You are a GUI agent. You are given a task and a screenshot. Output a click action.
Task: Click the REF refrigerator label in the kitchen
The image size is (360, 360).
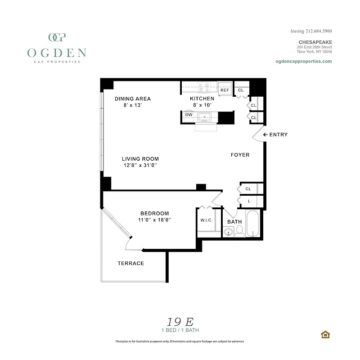[x=225, y=90]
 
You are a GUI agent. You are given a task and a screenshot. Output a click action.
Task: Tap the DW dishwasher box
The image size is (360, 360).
[x=189, y=115]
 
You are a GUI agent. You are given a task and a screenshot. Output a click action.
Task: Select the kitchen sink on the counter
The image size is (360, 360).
[x=206, y=117]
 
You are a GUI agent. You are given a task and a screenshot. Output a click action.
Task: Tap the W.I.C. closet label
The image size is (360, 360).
[x=207, y=220]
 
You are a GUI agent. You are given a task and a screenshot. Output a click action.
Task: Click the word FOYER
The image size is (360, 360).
[x=240, y=155]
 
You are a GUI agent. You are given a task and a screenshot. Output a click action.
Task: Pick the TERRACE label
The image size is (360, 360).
[x=131, y=263]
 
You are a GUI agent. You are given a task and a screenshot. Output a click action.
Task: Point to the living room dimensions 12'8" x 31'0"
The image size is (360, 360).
[x=140, y=165]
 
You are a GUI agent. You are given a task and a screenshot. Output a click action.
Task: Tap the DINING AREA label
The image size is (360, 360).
[x=133, y=99]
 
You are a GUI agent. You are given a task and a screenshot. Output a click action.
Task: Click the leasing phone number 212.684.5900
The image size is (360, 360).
[x=317, y=31]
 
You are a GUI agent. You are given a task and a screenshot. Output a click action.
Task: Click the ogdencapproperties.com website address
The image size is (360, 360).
[x=303, y=62]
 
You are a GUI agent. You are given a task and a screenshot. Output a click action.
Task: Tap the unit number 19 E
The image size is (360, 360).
[x=180, y=322]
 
